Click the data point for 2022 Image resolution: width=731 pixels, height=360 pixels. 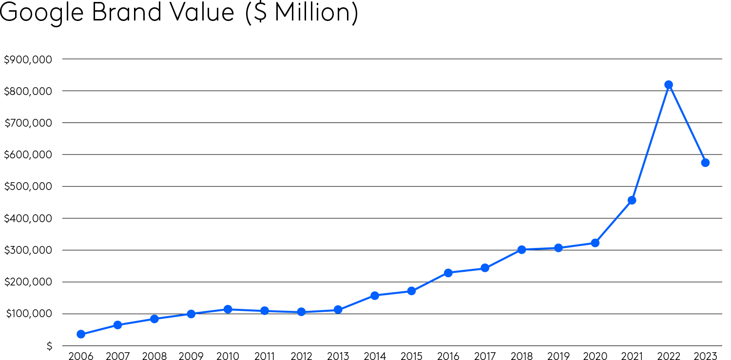click(x=669, y=85)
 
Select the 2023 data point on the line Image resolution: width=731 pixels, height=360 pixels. click(x=705, y=163)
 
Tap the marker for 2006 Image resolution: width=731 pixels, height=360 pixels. click(x=81, y=334)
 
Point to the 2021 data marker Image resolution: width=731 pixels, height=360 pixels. click(x=632, y=200)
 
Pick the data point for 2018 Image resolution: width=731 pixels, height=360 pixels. click(x=521, y=249)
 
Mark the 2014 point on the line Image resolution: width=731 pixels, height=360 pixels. click(x=375, y=296)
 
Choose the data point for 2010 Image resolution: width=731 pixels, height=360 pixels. click(x=228, y=309)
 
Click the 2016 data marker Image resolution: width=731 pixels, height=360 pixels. click(x=448, y=273)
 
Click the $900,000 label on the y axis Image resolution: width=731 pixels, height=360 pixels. click(x=28, y=59)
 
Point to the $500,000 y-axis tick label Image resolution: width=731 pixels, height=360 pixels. click(x=28, y=187)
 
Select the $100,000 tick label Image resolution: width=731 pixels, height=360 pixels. click(x=28, y=314)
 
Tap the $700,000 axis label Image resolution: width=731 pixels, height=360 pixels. click(x=28, y=123)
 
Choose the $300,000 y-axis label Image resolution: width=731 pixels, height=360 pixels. click(x=28, y=250)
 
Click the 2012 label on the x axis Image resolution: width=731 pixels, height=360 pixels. click(x=301, y=356)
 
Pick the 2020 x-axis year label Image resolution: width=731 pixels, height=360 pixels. click(x=595, y=356)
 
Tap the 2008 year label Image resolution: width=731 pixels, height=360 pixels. click(x=154, y=356)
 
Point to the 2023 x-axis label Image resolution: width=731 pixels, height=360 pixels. click(x=705, y=356)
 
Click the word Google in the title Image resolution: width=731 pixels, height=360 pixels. click(x=42, y=13)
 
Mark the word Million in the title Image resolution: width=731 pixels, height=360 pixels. click(x=312, y=12)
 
